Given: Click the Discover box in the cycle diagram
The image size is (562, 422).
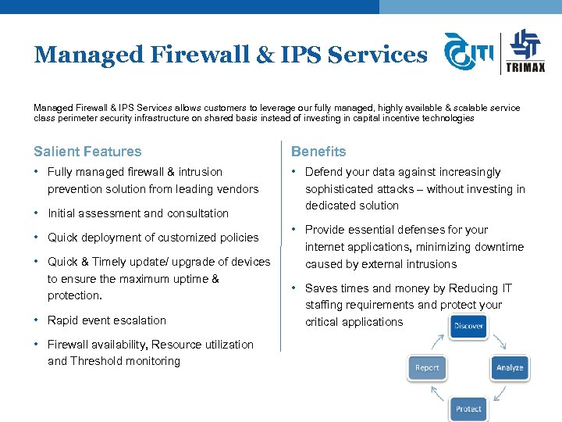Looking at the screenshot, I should coord(468,326).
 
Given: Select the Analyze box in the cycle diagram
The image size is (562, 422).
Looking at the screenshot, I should coord(510,367).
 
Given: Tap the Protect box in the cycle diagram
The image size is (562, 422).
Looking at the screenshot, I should coord(468,409).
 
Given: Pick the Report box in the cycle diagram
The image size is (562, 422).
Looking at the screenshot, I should coord(427,367).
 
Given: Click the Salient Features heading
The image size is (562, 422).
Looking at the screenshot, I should coord(87,152).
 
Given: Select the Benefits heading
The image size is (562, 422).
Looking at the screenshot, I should coord(318,152).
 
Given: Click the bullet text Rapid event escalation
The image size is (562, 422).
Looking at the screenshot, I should coord(107,320).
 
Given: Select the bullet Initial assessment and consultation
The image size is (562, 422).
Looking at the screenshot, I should coord(138,213).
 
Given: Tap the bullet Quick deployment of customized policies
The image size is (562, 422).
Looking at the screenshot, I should coord(153,238).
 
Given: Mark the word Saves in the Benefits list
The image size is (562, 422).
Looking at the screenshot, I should coord(322,288).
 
